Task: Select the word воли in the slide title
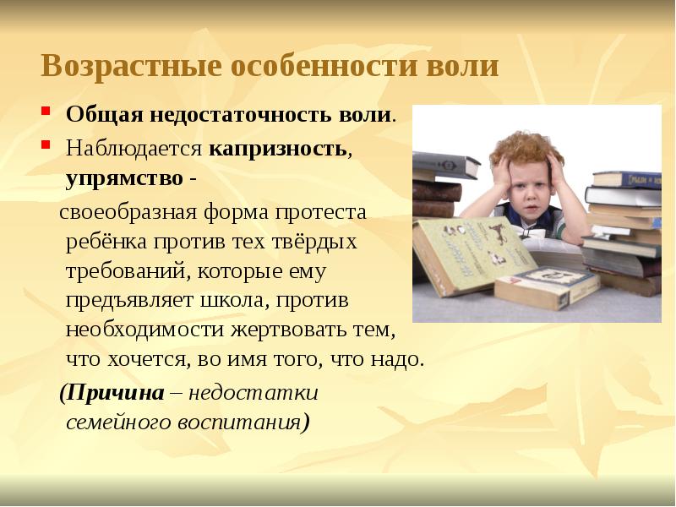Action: pyautogui.click(x=462, y=66)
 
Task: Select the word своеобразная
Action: pyautogui.click(x=127, y=211)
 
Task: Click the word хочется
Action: pyautogui.click(x=141, y=359)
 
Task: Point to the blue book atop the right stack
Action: pyautogui.click(x=625, y=179)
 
